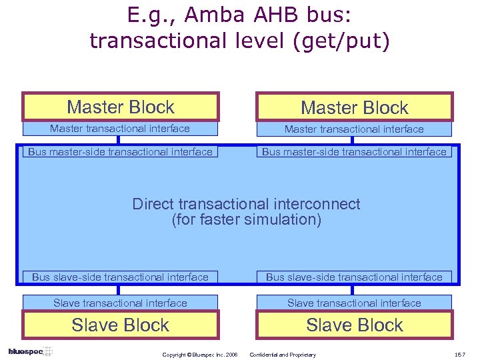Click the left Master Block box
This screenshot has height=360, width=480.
coord(121,107)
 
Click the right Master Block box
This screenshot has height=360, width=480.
coord(354,107)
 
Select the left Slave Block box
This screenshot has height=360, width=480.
coord(121,325)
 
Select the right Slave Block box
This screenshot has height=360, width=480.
coord(354,325)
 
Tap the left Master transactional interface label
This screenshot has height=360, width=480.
coord(120,129)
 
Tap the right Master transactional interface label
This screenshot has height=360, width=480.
coord(354,129)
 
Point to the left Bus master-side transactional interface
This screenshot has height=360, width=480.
coord(120,151)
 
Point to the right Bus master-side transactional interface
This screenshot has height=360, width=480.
coord(354,151)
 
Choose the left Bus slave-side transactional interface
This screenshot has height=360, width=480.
coord(120,277)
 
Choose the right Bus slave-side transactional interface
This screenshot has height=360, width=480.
coord(354,277)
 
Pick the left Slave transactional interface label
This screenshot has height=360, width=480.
coord(120,303)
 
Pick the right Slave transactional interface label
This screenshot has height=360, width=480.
coord(354,303)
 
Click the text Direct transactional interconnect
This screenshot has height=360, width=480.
coord(246,204)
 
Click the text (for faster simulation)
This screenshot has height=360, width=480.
coord(246,219)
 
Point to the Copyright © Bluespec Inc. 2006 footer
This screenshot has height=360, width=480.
coord(199,355)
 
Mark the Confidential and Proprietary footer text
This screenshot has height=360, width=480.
coord(283,355)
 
